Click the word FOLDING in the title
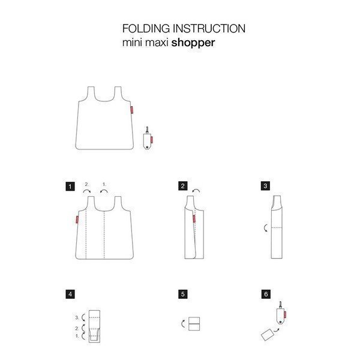(146, 28)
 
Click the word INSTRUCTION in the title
(209, 28)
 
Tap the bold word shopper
(193, 43)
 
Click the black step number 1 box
(70, 187)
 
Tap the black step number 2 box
(183, 186)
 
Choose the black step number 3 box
(265, 186)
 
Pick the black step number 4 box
(70, 295)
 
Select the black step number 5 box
(183, 295)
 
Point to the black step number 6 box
(266, 295)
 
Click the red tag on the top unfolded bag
(132, 110)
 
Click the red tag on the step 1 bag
(77, 220)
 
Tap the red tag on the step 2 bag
(194, 219)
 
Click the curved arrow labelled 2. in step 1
(87, 190)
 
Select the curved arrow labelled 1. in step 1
(104, 190)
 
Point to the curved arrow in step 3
(265, 228)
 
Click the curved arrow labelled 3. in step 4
(83, 317)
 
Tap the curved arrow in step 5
(182, 324)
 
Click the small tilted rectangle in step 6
(268, 335)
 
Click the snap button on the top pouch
(148, 146)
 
